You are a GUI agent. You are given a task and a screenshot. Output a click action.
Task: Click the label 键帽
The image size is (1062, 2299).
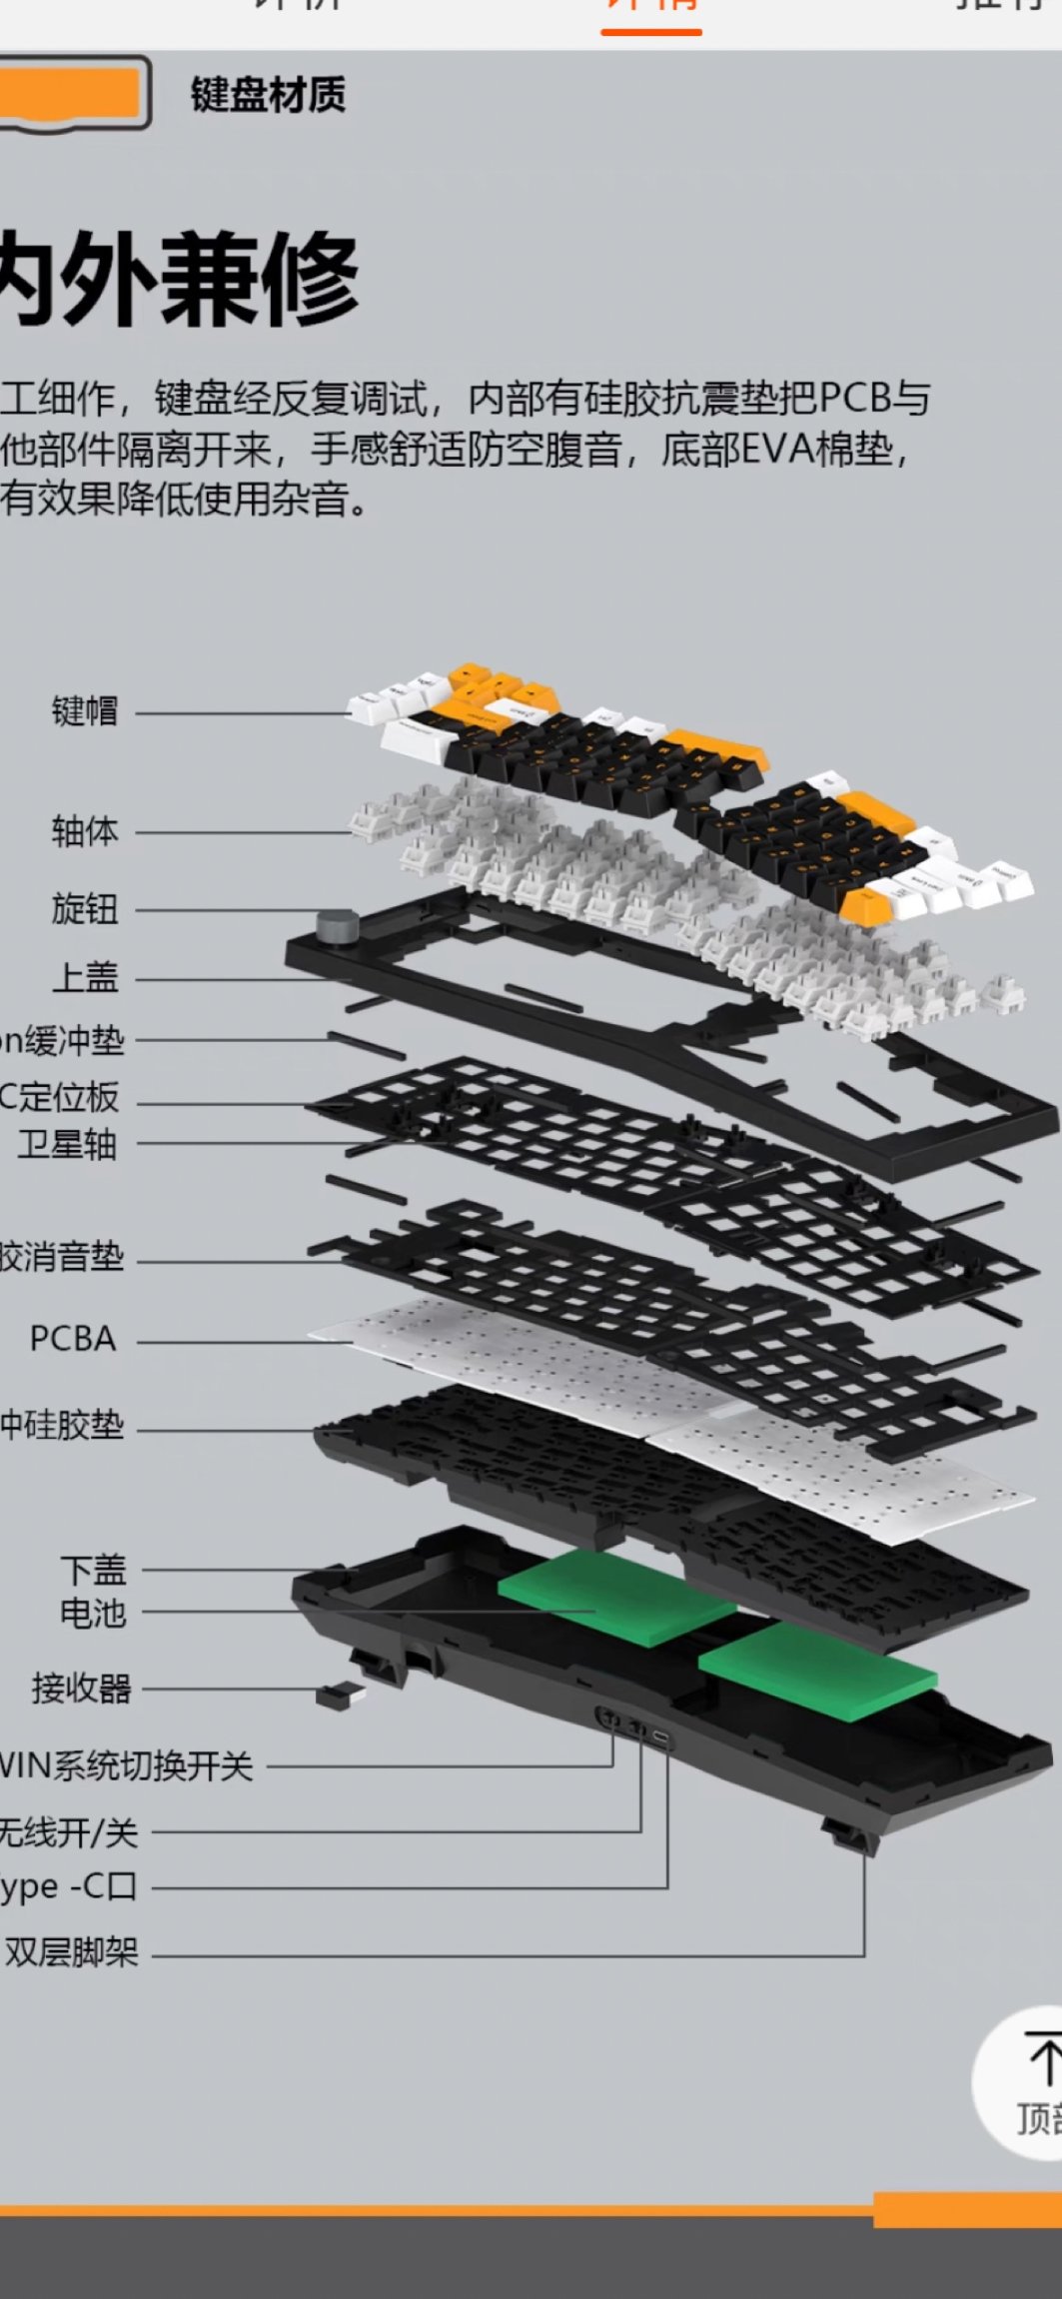[85, 711]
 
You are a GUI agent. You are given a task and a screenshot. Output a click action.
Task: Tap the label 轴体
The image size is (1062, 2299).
[85, 830]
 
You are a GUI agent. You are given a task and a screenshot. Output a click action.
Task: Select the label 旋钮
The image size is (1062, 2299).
[85, 909]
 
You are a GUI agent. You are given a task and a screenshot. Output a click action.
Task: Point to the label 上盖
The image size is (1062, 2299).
[85, 977]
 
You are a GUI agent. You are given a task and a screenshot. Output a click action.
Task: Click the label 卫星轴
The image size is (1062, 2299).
[67, 1144]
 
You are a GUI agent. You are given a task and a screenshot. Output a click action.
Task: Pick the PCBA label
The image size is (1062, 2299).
[72, 1339]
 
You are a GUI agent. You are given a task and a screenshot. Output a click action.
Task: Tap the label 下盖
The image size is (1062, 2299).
[93, 1570]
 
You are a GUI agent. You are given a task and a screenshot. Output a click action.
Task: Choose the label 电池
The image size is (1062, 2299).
[93, 1612]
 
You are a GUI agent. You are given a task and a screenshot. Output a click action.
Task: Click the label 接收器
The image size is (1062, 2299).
[81, 1688]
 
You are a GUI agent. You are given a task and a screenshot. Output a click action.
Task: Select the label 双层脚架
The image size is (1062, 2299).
[72, 1951]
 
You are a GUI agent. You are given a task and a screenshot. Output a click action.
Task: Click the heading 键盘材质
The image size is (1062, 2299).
[268, 95]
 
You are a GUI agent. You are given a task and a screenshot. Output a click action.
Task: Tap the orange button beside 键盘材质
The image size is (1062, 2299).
[70, 93]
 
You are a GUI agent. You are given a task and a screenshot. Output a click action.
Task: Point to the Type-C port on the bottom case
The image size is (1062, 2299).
[662, 1738]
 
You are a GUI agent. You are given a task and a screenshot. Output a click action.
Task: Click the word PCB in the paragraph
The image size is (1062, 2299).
[854, 399]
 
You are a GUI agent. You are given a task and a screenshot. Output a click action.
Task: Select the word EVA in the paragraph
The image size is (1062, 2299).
[775, 449]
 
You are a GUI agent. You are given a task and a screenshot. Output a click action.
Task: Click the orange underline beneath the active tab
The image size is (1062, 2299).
[651, 32]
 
